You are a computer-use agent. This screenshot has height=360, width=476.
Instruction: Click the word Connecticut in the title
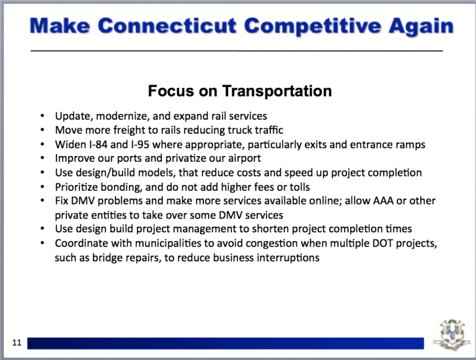(x=167, y=25)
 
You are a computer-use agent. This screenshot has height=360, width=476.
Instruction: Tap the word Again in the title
(x=421, y=27)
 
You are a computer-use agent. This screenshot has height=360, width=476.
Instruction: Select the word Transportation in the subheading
(x=277, y=90)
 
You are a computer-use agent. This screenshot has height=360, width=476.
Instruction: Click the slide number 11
(x=17, y=343)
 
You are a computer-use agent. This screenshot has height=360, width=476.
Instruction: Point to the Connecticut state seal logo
(x=452, y=335)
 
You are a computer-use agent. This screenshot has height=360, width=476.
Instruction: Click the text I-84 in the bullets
(x=98, y=144)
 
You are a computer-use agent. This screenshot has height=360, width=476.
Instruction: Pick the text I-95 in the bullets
(x=140, y=144)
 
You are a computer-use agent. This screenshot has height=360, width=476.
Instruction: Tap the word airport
(x=244, y=159)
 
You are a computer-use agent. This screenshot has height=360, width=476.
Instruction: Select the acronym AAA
(x=383, y=201)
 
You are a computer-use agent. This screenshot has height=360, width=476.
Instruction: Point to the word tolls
(x=299, y=187)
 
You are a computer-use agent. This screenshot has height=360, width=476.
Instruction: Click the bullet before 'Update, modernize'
(x=42, y=116)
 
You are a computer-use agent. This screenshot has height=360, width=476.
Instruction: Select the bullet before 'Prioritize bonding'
(x=42, y=187)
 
